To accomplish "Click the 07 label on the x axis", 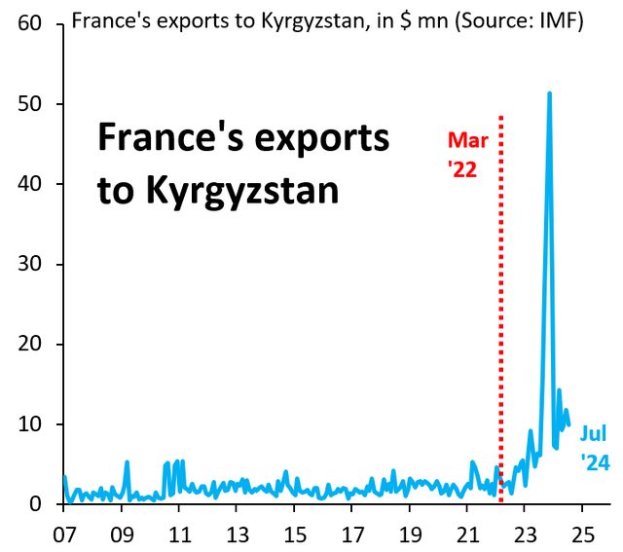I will coord(65,534).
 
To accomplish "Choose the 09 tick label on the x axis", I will coord(123,534).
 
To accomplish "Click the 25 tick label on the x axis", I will coord(582,534).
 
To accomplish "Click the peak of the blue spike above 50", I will coord(550,93).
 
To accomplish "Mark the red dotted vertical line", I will coord(500,292).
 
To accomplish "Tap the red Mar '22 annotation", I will coord(467,154).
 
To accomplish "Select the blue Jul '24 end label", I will coord(595,449).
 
